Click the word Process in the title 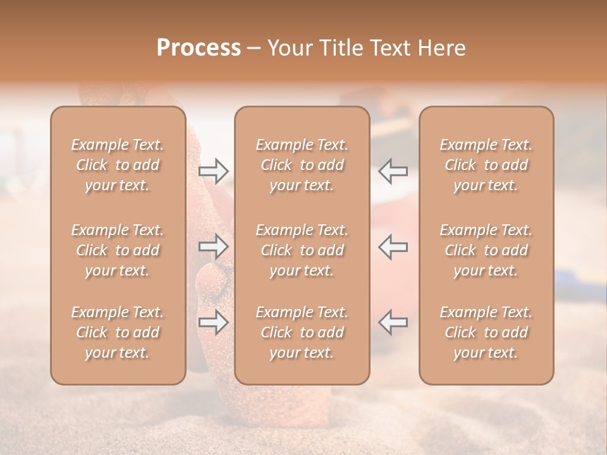(199, 48)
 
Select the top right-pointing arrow (213, 171)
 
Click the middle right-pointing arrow (213, 246)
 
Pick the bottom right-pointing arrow (213, 322)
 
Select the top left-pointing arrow (393, 171)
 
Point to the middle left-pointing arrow (393, 246)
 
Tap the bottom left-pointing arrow (393, 322)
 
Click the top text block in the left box (118, 165)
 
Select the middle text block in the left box (118, 250)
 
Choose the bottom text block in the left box (118, 332)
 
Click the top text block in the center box (302, 165)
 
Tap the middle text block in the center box (302, 250)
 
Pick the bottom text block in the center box (302, 332)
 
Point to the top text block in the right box (486, 165)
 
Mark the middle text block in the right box (486, 250)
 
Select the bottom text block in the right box (486, 332)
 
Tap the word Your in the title (288, 48)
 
